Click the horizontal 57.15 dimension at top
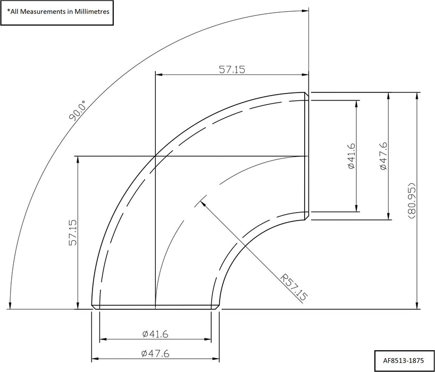click(231, 69)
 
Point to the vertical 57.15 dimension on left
click(73, 233)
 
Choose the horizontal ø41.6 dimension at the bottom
click(155, 334)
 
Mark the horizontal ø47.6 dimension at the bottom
click(155, 353)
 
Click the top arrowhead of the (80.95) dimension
click(416, 95)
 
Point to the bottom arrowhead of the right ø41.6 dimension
click(356, 209)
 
